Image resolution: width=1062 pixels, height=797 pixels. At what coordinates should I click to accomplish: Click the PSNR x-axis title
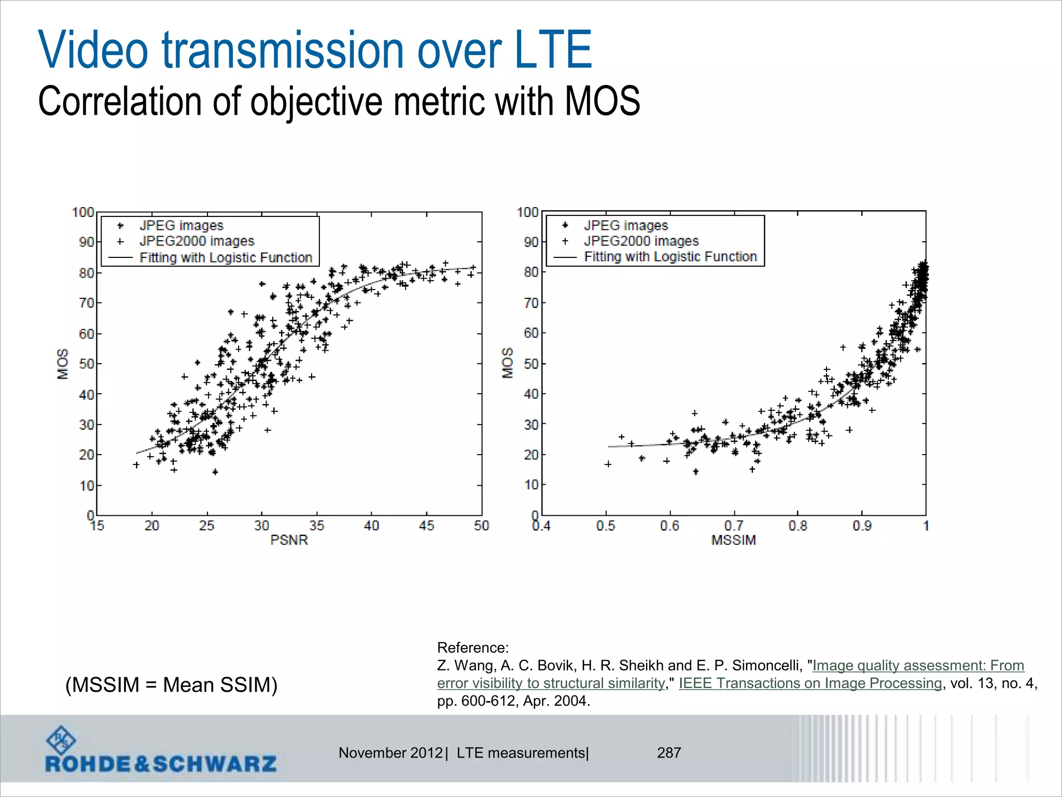pyautogui.click(x=289, y=540)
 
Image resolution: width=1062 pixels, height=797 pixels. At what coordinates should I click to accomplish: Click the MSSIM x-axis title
pyautogui.click(x=733, y=540)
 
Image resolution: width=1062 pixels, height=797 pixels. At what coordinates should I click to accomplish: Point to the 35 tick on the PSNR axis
pyautogui.click(x=316, y=526)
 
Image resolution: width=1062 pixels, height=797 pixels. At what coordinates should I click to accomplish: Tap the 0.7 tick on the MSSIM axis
pyautogui.click(x=733, y=526)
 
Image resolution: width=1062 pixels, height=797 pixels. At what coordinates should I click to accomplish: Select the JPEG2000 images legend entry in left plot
pyautogui.click(x=197, y=241)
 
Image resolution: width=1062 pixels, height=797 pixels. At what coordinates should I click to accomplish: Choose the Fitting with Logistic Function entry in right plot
pyautogui.click(x=670, y=257)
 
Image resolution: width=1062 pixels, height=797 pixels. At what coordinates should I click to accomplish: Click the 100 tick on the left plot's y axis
pyautogui.click(x=83, y=212)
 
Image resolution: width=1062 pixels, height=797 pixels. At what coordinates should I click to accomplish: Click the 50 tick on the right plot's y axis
pyautogui.click(x=531, y=363)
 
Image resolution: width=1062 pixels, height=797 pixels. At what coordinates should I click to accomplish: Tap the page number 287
pyautogui.click(x=669, y=753)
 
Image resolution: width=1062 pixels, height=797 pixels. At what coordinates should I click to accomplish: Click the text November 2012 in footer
pyautogui.click(x=390, y=753)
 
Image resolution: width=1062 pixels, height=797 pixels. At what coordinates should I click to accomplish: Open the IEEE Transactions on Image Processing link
pyautogui.click(x=810, y=683)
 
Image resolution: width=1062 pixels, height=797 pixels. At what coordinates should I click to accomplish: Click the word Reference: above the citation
pyautogui.click(x=473, y=648)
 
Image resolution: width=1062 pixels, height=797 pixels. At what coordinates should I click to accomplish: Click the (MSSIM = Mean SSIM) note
pyautogui.click(x=171, y=685)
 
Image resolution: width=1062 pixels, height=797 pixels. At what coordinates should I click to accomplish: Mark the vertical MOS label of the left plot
pyautogui.click(x=62, y=364)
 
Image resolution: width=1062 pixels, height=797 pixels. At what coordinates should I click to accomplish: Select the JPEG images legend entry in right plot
pyautogui.click(x=625, y=226)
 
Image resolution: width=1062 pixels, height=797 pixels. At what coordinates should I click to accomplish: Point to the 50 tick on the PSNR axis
pyautogui.click(x=481, y=526)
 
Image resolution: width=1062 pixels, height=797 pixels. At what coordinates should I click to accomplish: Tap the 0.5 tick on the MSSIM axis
pyautogui.click(x=605, y=526)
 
